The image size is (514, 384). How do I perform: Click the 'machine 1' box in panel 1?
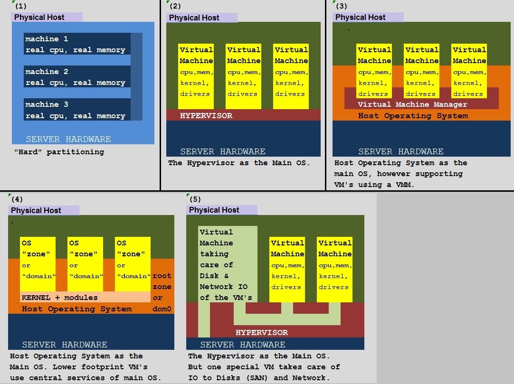(77, 44)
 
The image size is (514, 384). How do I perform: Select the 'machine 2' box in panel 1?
(77, 76)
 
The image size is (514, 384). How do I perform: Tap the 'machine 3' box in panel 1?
(77, 110)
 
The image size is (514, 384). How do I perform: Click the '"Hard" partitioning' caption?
(59, 152)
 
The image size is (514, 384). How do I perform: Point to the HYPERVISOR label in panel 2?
(206, 115)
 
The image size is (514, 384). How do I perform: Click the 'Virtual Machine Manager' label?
(412, 104)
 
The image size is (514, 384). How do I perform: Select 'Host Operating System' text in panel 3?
(413, 116)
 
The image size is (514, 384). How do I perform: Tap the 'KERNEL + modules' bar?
(85, 297)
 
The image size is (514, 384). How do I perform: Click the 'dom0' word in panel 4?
(162, 309)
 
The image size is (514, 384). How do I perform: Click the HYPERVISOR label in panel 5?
(262, 332)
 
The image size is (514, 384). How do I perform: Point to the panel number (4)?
(17, 199)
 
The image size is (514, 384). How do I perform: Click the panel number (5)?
(195, 199)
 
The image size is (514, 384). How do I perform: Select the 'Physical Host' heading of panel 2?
(194, 18)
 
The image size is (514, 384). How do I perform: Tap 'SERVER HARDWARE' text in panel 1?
(68, 139)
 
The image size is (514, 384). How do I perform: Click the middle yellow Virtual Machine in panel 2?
(244, 76)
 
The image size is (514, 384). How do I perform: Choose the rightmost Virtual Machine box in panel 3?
(469, 71)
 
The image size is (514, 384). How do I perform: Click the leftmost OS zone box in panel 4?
(38, 264)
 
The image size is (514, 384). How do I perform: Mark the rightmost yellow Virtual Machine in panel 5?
(334, 269)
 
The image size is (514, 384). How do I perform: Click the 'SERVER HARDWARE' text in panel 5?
(243, 345)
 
